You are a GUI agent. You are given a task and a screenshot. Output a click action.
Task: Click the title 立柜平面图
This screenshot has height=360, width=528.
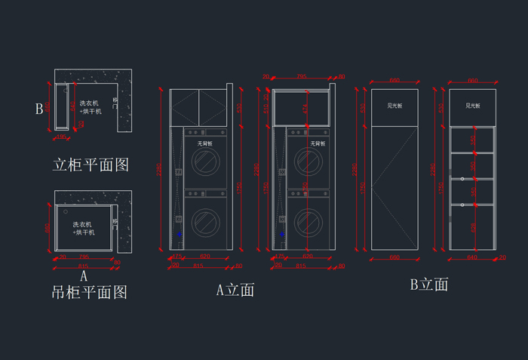tap(91, 165)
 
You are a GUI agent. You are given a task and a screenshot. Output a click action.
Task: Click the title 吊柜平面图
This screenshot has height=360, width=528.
tap(89, 292)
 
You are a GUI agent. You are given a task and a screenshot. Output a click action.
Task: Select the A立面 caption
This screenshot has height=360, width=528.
tap(235, 289)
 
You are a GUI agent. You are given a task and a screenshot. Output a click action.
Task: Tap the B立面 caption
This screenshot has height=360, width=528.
tap(428, 285)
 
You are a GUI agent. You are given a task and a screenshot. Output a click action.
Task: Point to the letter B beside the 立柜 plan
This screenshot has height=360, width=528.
tap(38, 109)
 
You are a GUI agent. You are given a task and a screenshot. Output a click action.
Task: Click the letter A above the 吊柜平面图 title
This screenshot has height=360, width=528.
tap(84, 276)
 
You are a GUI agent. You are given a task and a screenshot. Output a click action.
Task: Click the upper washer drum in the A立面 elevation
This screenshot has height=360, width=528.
tap(204, 161)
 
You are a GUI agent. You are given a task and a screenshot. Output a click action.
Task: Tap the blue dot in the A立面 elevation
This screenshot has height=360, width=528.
tap(180, 235)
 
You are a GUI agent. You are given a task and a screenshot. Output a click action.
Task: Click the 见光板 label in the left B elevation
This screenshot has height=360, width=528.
tap(394, 106)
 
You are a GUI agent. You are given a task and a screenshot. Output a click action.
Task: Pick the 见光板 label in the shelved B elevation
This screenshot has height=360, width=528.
tap(473, 106)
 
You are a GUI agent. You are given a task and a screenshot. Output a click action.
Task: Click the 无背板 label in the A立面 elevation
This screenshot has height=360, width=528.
tap(204, 143)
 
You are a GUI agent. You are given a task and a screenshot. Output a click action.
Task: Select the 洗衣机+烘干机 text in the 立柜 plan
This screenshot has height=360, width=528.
tap(90, 107)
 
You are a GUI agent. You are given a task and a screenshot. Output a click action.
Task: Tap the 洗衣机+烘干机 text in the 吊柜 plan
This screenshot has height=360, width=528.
tap(83, 228)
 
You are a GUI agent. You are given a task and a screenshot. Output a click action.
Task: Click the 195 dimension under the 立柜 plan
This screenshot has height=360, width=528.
tap(62, 137)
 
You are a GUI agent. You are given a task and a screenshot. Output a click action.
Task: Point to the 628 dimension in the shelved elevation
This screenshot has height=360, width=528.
tap(473, 226)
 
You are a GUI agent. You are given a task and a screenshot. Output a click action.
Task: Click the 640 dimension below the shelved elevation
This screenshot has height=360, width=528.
tap(473, 257)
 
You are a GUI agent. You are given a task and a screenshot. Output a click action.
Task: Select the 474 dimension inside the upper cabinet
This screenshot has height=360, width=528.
tap(305, 108)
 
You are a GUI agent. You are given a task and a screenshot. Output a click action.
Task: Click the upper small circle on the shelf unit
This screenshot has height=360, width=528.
tap(462, 179)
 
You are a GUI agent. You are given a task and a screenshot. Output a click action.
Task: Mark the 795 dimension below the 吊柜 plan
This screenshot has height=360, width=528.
tap(83, 257)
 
